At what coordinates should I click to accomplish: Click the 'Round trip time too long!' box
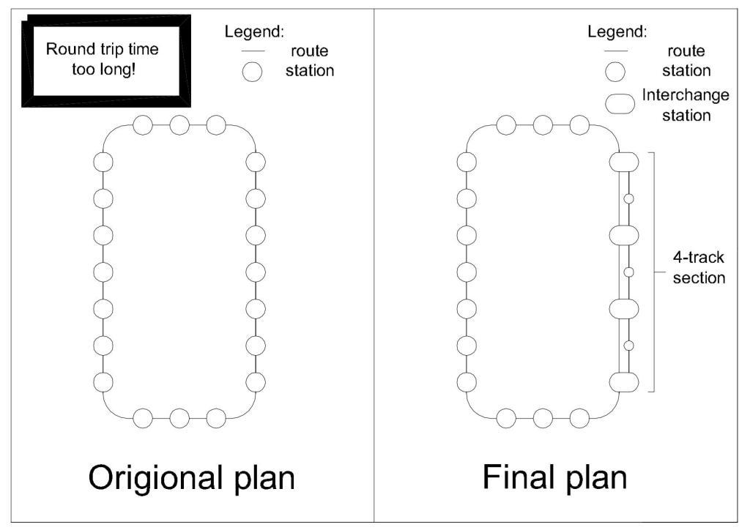tap(103, 60)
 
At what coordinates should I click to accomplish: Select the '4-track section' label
tap(699, 268)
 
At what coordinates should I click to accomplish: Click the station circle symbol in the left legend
tap(253, 72)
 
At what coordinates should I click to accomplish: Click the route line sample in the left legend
tap(253, 51)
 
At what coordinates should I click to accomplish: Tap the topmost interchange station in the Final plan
tap(625, 162)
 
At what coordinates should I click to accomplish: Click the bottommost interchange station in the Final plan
tap(625, 382)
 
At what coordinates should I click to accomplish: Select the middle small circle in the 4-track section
tap(628, 272)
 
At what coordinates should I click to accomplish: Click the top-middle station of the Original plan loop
tap(179, 125)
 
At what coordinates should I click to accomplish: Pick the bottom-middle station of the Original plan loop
tap(179, 419)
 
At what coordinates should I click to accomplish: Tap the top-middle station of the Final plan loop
tap(543, 125)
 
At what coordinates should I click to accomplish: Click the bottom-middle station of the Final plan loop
tap(543, 419)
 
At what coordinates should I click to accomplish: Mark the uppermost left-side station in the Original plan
tap(103, 162)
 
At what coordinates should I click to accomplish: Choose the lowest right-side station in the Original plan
tap(256, 382)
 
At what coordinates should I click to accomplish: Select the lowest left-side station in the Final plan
tap(467, 382)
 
